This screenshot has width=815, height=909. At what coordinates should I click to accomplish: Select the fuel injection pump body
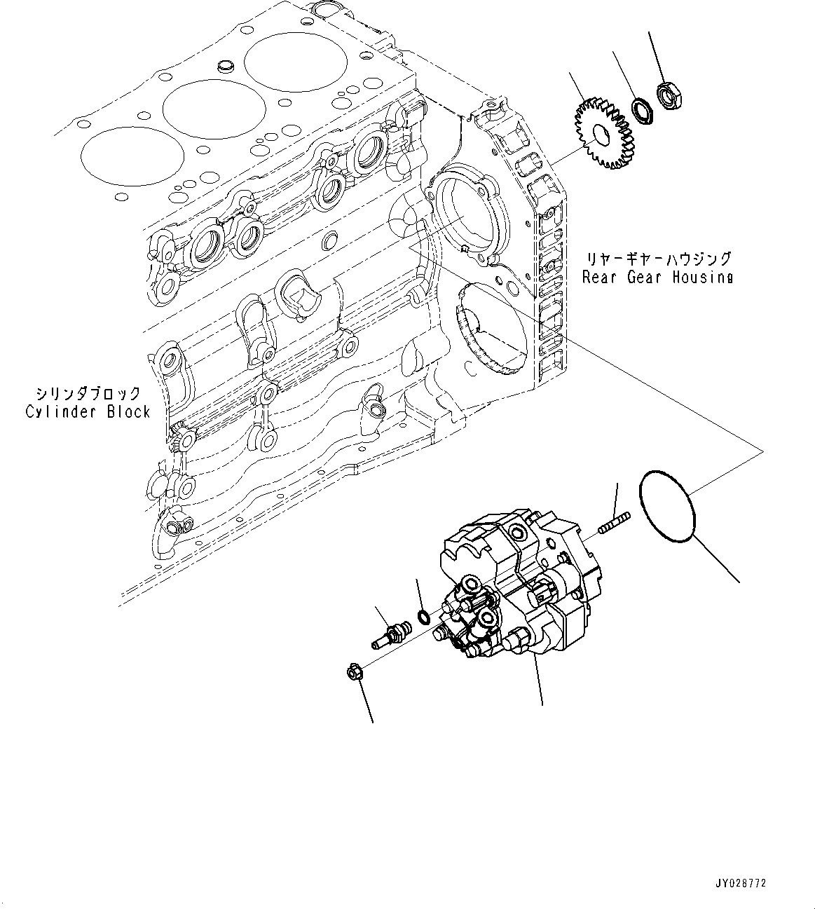[x=519, y=589]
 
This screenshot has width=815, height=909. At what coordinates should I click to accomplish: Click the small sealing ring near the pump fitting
[x=423, y=617]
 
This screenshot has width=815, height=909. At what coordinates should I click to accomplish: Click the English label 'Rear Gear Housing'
[x=657, y=277]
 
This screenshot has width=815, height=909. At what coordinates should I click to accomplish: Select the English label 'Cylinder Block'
[x=88, y=411]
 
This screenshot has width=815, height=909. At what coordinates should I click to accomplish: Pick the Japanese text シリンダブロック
[x=88, y=393]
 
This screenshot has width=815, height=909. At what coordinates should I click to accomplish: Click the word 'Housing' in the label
[x=702, y=277]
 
